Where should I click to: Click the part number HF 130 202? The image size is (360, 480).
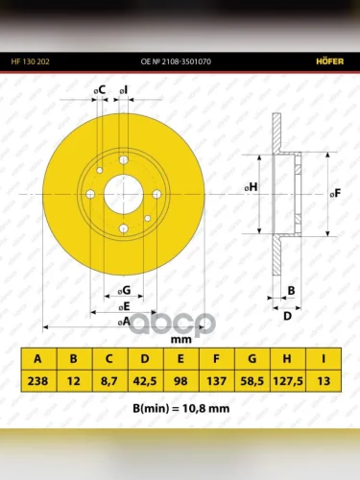pyautogui.click(x=31, y=61)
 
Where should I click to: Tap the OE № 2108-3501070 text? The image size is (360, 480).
pyautogui.click(x=176, y=61)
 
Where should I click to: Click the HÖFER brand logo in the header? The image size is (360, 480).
pyautogui.click(x=330, y=61)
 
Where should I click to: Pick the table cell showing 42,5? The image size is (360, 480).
pyautogui.click(x=145, y=381)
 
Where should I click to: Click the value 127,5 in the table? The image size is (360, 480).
pyautogui.click(x=288, y=381)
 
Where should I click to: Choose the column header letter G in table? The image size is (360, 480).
pyautogui.click(x=252, y=359)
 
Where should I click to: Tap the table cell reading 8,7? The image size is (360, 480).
pyautogui.click(x=109, y=381)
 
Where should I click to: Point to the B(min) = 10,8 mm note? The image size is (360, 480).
pyautogui.click(x=181, y=408)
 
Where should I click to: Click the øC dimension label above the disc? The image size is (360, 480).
pyautogui.click(x=100, y=90)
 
